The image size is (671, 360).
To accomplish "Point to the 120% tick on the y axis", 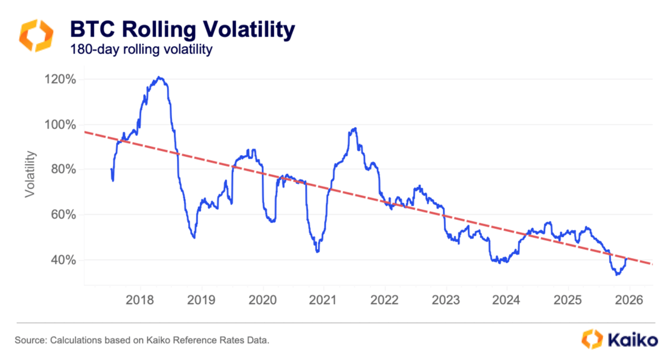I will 59,80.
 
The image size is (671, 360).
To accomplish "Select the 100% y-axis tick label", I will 59,125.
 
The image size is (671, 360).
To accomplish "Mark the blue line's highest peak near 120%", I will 159,77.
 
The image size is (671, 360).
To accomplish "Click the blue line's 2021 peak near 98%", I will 355,128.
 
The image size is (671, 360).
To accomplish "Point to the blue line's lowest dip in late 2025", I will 617,274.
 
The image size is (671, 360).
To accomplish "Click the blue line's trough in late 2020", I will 318,252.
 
